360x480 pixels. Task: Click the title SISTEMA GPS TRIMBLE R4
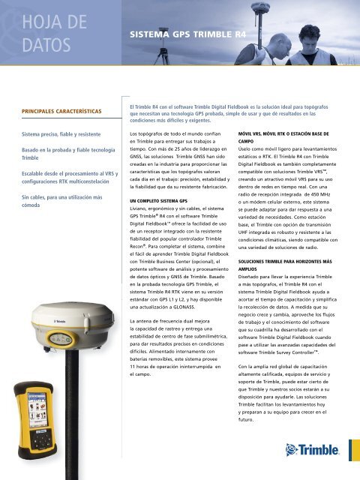(185, 34)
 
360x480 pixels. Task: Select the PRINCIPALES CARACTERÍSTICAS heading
(57, 111)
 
